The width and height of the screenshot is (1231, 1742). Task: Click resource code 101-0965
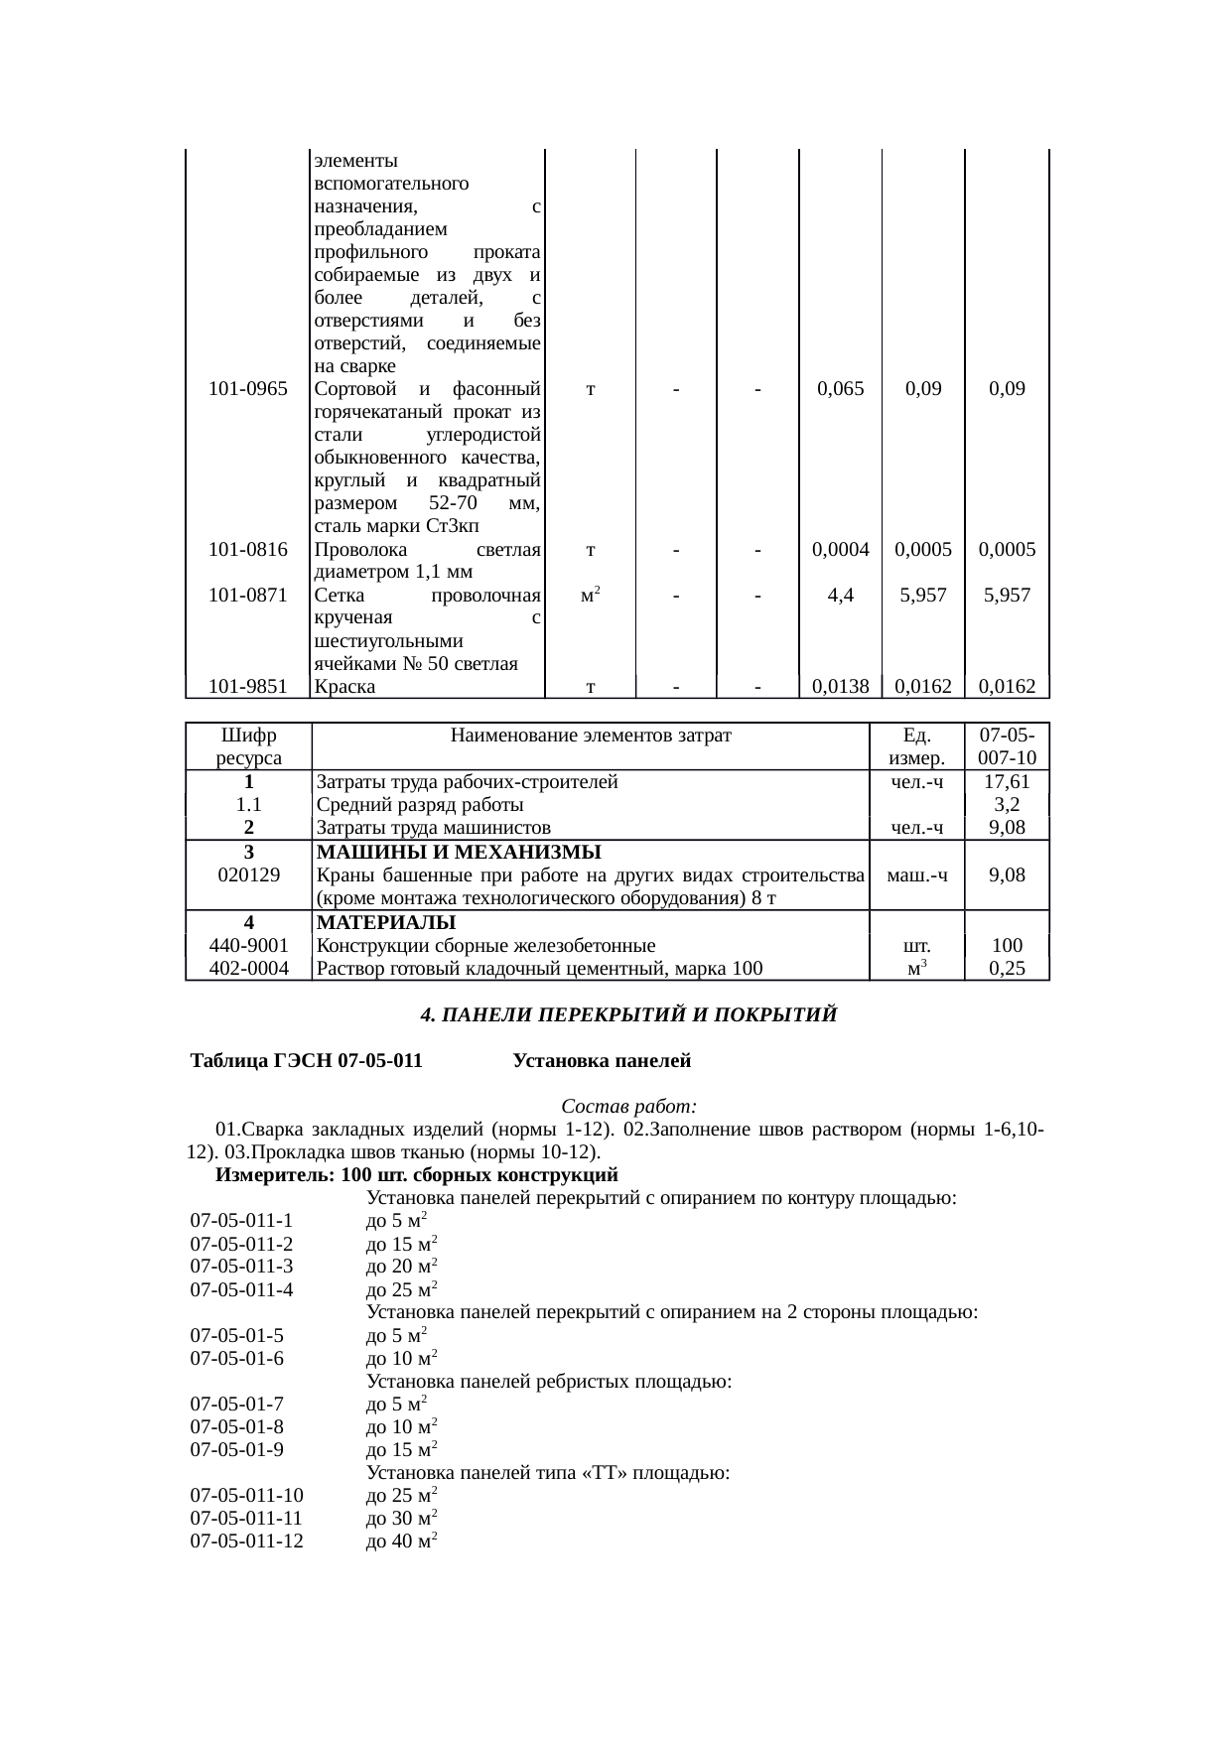[x=248, y=389]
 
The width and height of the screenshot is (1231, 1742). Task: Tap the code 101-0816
[x=248, y=549]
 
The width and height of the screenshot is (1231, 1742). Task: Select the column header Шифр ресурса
[x=248, y=746]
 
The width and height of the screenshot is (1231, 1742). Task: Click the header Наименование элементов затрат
[x=590, y=736]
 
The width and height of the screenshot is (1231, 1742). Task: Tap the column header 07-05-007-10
[x=1007, y=746]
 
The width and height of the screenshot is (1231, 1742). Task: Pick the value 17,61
[x=1007, y=782]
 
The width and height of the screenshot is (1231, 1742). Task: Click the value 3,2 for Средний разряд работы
[x=1007, y=805]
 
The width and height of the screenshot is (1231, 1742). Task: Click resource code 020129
[x=248, y=874]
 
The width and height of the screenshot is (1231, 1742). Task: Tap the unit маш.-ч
[x=916, y=874]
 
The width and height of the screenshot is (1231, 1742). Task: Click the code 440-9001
[x=248, y=946]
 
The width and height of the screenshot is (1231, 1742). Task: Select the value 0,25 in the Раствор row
[x=1007, y=969]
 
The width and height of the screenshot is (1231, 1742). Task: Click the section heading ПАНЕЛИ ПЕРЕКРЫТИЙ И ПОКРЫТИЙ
[x=628, y=1015]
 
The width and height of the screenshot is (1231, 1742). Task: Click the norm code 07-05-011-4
[x=241, y=1289]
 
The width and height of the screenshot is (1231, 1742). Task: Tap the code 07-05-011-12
[x=247, y=1541]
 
